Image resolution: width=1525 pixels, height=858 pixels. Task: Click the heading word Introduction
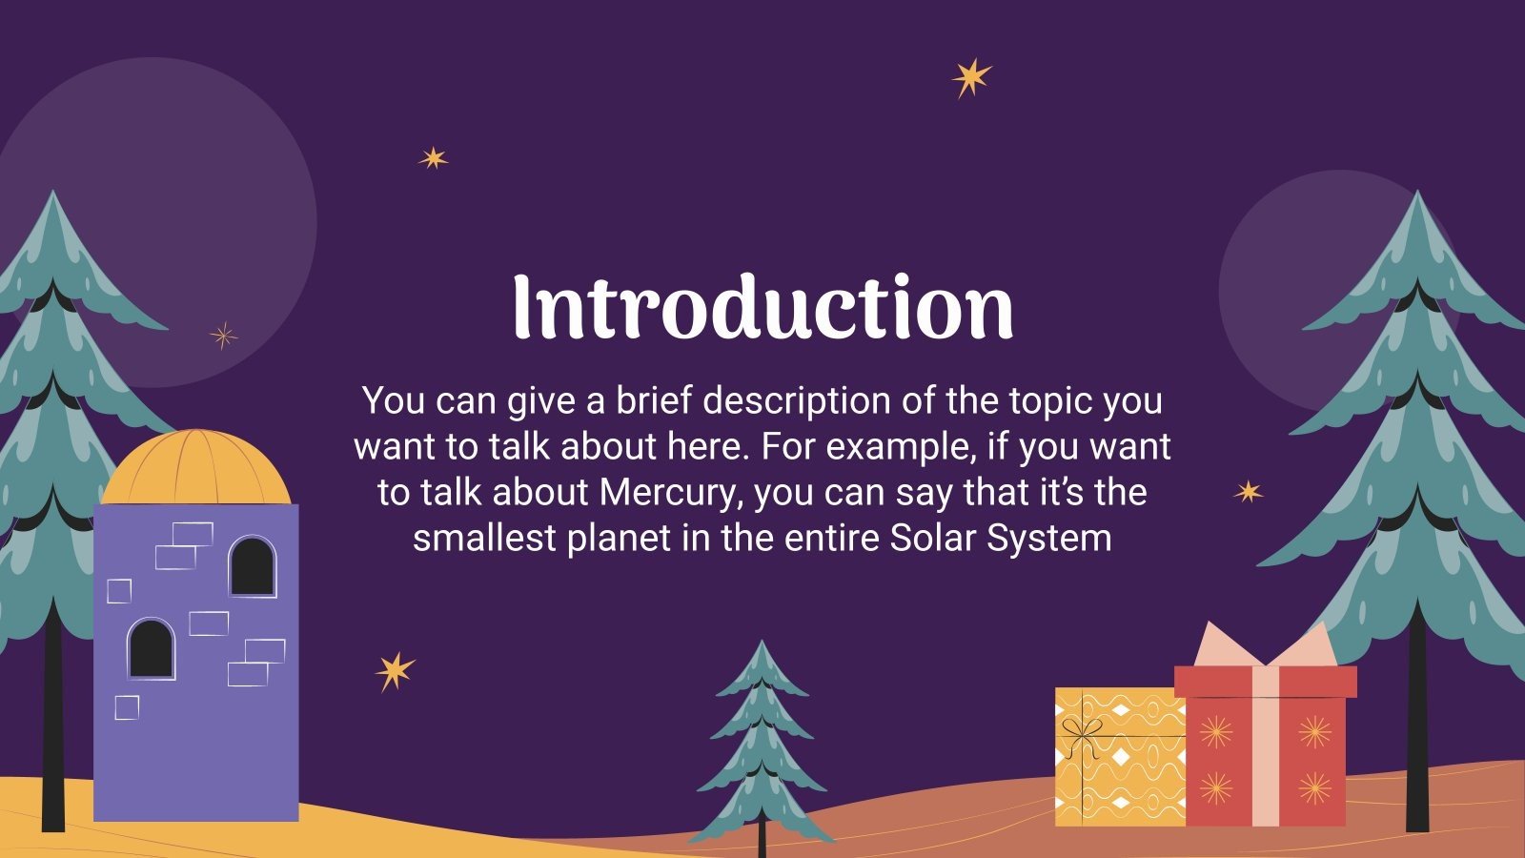click(x=762, y=307)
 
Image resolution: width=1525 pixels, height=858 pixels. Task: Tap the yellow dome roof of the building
click(x=195, y=469)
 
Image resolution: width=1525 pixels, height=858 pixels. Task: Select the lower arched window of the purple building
click(x=152, y=648)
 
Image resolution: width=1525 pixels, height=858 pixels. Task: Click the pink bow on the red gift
click(x=1265, y=648)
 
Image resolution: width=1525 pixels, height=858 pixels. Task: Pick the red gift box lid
click(x=1265, y=682)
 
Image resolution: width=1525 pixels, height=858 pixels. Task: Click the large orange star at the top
click(x=971, y=77)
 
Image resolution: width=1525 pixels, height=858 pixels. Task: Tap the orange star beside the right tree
click(x=1248, y=492)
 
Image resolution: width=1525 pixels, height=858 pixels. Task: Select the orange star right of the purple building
click(x=395, y=671)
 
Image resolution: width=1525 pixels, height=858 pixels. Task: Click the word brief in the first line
click(x=656, y=401)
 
